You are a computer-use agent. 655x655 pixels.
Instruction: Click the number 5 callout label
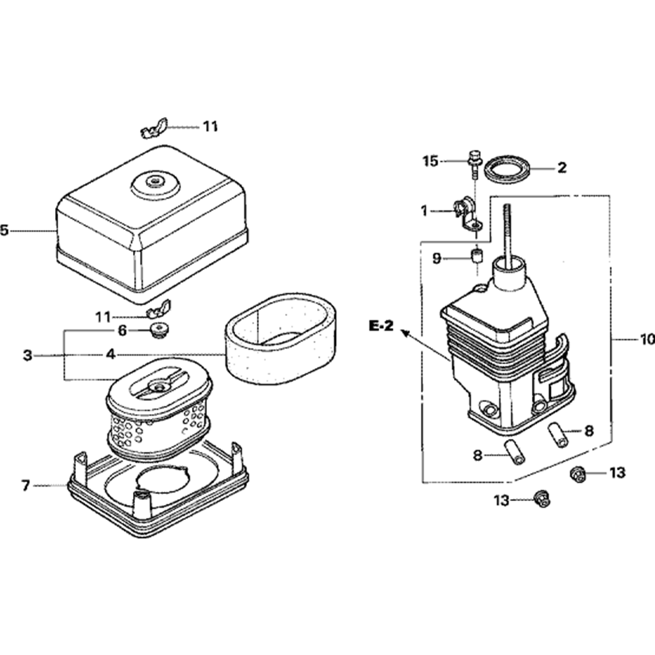5,231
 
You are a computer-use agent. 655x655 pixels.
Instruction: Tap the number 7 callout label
26,485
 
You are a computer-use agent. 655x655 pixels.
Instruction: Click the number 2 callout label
561,168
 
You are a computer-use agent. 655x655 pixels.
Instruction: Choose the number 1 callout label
424,211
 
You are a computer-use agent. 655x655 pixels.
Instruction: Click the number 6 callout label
122,331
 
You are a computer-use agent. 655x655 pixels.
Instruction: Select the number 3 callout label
27,355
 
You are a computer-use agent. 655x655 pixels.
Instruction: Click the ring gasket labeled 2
508,168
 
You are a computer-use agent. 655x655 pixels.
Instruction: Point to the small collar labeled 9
477,254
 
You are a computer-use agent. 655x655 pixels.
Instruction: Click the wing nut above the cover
155,128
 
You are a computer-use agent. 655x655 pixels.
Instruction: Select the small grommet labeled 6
158,329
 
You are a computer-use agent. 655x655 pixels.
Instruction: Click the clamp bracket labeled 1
464,211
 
